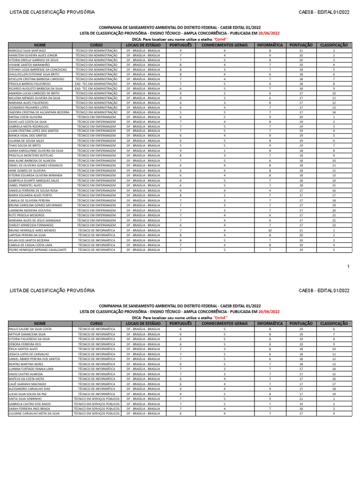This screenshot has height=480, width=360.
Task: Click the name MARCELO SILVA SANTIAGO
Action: pos(28,50)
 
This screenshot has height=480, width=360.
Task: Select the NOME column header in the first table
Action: pos(40,45)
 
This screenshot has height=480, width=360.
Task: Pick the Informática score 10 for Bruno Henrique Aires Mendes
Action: pos(270,231)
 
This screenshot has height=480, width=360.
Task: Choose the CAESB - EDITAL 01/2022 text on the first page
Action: pos(324,12)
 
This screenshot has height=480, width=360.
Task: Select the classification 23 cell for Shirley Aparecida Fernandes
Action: pos(334,225)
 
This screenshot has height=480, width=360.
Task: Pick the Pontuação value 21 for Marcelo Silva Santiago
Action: pos(301,50)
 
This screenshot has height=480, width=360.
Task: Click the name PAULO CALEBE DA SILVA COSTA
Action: pos(30,329)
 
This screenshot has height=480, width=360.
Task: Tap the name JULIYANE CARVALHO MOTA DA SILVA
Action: pos(34,413)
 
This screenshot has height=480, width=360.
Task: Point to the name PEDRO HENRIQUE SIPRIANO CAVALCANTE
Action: pos(37,250)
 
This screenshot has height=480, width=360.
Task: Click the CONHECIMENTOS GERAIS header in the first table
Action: pos(224,45)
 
